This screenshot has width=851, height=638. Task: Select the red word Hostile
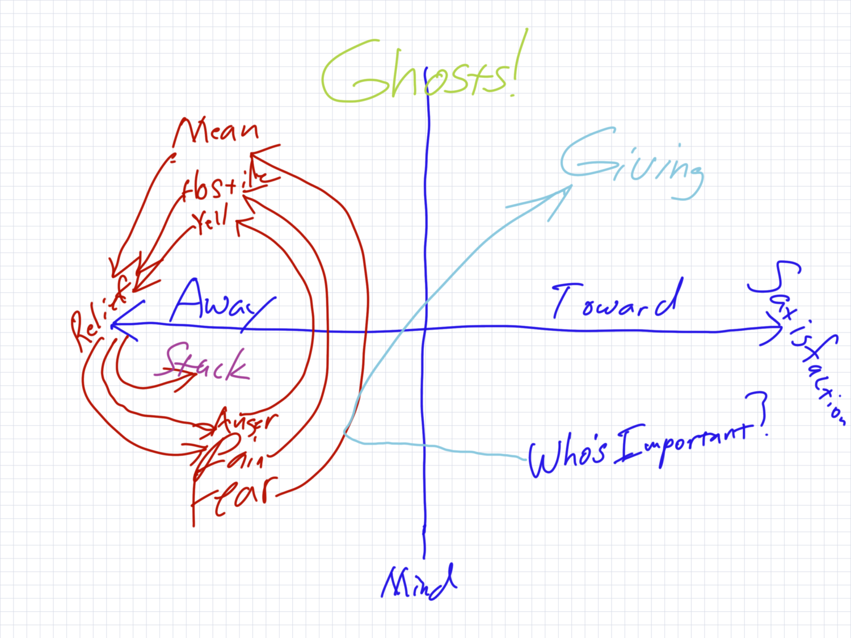pyautogui.click(x=224, y=184)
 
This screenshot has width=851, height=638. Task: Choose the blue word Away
pyautogui.click(x=218, y=303)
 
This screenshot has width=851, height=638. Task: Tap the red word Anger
pyautogui.click(x=247, y=423)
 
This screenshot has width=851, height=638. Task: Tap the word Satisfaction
pyautogui.click(x=800, y=341)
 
